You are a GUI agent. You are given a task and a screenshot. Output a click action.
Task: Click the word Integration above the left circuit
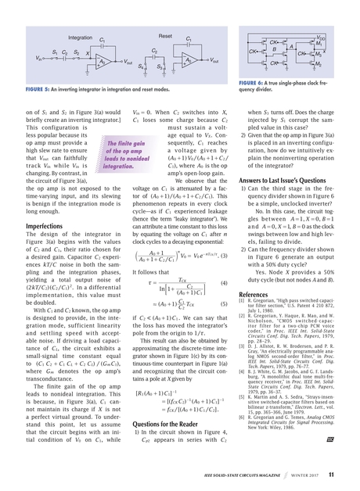pos(81,38)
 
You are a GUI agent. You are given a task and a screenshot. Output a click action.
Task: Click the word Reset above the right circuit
pos(165,37)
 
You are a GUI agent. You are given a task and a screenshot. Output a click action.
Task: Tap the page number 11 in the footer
pos(331,474)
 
